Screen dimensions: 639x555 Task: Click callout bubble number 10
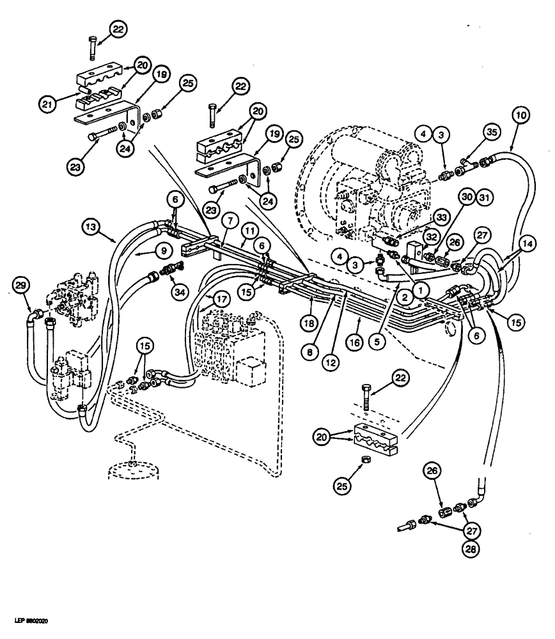520,115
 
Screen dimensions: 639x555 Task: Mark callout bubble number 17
221,298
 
